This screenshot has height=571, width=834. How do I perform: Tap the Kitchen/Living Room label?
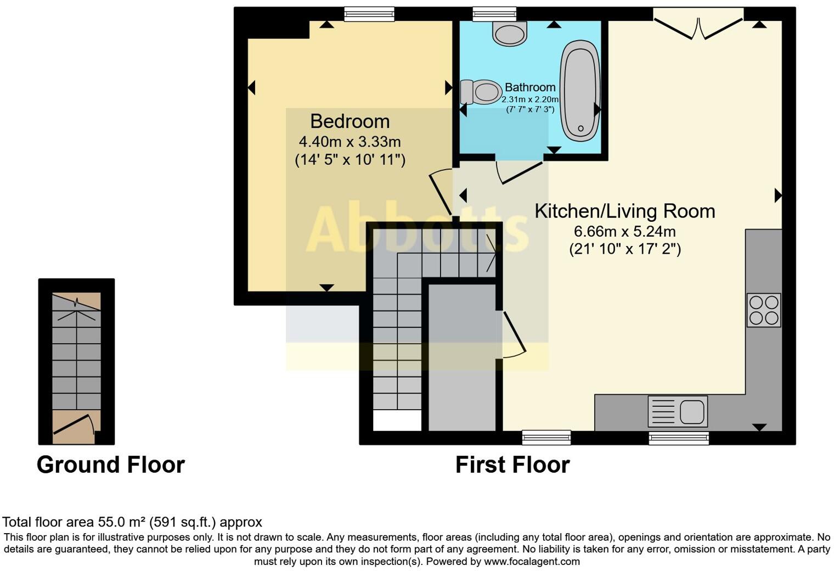(624, 211)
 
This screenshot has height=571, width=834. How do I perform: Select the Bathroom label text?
(530, 87)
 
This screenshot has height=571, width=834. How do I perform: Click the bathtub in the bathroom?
(579, 89)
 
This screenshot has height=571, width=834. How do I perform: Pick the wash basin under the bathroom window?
(510, 33)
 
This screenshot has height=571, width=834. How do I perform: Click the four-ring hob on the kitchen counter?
(763, 310)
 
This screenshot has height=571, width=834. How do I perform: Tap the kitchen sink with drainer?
(678, 411)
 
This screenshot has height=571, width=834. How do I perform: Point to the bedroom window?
(369, 14)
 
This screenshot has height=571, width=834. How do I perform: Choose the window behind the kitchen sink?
(679, 438)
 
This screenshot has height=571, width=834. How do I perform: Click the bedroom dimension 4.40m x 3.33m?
(350, 142)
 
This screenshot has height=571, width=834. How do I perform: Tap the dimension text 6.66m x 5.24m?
(624, 231)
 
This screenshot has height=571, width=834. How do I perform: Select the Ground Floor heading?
(110, 465)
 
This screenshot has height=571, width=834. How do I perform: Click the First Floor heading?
(512, 465)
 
